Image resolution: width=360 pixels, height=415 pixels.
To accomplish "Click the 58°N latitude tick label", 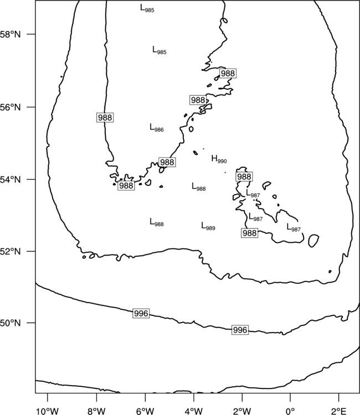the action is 10,34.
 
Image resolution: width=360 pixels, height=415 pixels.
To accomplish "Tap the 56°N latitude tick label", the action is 10,107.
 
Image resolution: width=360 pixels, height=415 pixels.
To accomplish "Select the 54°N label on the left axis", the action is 10,180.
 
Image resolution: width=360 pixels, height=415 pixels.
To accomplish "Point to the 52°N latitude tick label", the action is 10,251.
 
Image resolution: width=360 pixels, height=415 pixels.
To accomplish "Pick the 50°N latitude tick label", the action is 10,323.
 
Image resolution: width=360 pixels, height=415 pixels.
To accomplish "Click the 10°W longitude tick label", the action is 48,411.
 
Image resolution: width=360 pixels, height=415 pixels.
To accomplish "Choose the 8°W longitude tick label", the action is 96,411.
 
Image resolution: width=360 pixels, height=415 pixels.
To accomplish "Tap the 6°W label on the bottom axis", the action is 145,411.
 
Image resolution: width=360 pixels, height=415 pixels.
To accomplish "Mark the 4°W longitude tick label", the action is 194,411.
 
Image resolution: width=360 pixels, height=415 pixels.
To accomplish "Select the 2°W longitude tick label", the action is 242,411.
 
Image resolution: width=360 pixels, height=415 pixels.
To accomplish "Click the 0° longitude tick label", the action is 290,411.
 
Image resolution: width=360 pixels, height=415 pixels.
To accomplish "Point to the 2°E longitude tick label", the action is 338,411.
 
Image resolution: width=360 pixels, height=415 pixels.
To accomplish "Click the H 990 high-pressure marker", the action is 219,159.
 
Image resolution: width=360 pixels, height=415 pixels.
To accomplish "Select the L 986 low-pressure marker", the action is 157,128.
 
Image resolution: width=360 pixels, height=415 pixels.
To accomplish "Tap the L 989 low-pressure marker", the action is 208,226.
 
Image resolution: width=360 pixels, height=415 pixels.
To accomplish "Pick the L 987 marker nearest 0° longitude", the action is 294,227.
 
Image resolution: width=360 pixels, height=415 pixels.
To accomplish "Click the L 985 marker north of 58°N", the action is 147,8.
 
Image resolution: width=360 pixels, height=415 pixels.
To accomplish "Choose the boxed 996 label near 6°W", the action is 141,313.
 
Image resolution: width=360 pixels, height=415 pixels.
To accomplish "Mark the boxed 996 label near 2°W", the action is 240,330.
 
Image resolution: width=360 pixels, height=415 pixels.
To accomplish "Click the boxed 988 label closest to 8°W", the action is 105,117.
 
